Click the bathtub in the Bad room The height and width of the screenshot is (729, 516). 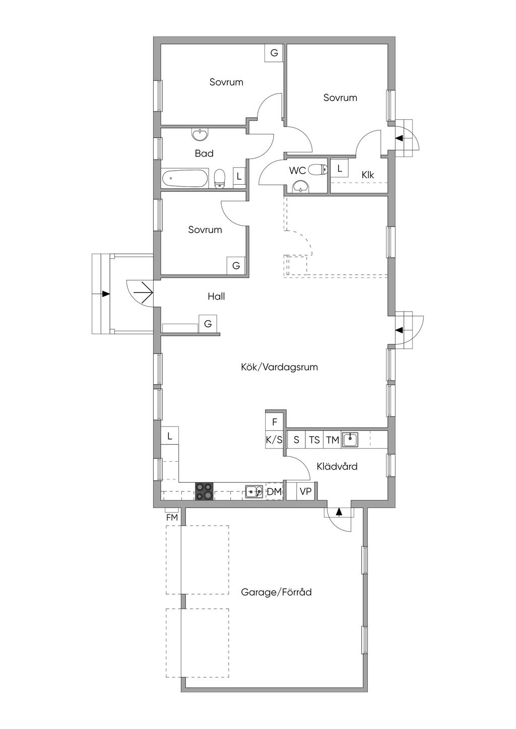click(x=185, y=178)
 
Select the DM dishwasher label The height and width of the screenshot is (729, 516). click(x=274, y=492)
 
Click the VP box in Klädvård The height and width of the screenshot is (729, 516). click(x=305, y=491)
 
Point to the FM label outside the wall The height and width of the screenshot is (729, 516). click(x=172, y=518)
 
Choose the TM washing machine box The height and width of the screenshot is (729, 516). click(x=333, y=440)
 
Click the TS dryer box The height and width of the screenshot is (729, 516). click(x=314, y=440)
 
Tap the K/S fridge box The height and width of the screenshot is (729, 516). click(x=274, y=440)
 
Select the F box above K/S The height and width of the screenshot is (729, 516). click(x=274, y=422)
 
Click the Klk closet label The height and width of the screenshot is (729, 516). click(x=368, y=175)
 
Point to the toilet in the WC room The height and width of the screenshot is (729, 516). click(x=317, y=169)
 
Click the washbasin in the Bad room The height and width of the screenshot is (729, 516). click(x=199, y=135)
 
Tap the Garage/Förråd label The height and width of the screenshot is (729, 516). click(x=276, y=592)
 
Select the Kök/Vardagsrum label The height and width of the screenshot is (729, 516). click(x=279, y=367)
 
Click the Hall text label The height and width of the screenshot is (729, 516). click(x=216, y=297)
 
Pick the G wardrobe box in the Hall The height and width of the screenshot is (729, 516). click(x=208, y=324)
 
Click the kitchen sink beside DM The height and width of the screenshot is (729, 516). click(x=254, y=491)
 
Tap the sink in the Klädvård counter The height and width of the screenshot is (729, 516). click(x=350, y=440)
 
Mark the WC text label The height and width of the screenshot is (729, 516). click(x=297, y=170)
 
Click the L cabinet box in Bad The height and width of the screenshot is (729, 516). click(x=239, y=176)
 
